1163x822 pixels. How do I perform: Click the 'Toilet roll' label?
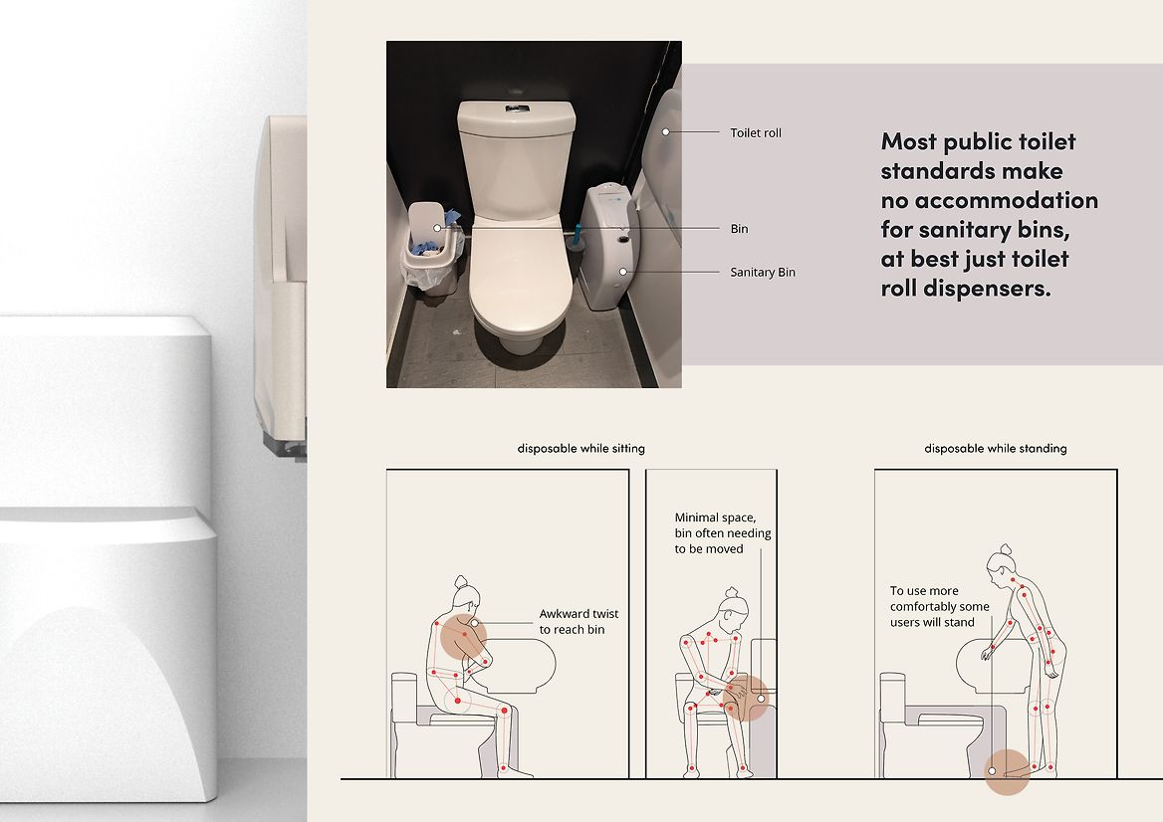click(755, 132)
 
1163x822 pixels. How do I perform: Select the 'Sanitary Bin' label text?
click(763, 272)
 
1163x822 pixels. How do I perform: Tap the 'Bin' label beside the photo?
click(739, 228)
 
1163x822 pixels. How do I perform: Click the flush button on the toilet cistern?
click(517, 108)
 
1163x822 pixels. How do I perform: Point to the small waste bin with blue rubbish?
click(432, 249)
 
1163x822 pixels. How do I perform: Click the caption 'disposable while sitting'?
click(581, 449)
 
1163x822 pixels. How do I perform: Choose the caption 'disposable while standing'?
click(996, 449)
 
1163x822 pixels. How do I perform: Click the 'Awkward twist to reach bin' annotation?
click(579, 622)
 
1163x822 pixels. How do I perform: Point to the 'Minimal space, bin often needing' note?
click(723, 525)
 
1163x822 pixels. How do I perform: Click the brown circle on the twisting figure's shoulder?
click(464, 637)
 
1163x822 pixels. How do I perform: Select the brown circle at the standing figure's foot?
click(1007, 771)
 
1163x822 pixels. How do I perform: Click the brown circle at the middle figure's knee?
click(747, 698)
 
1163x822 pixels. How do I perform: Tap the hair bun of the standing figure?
click(1005, 550)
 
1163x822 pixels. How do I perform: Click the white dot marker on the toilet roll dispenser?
click(666, 132)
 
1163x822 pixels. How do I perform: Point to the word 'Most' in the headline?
click(908, 141)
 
